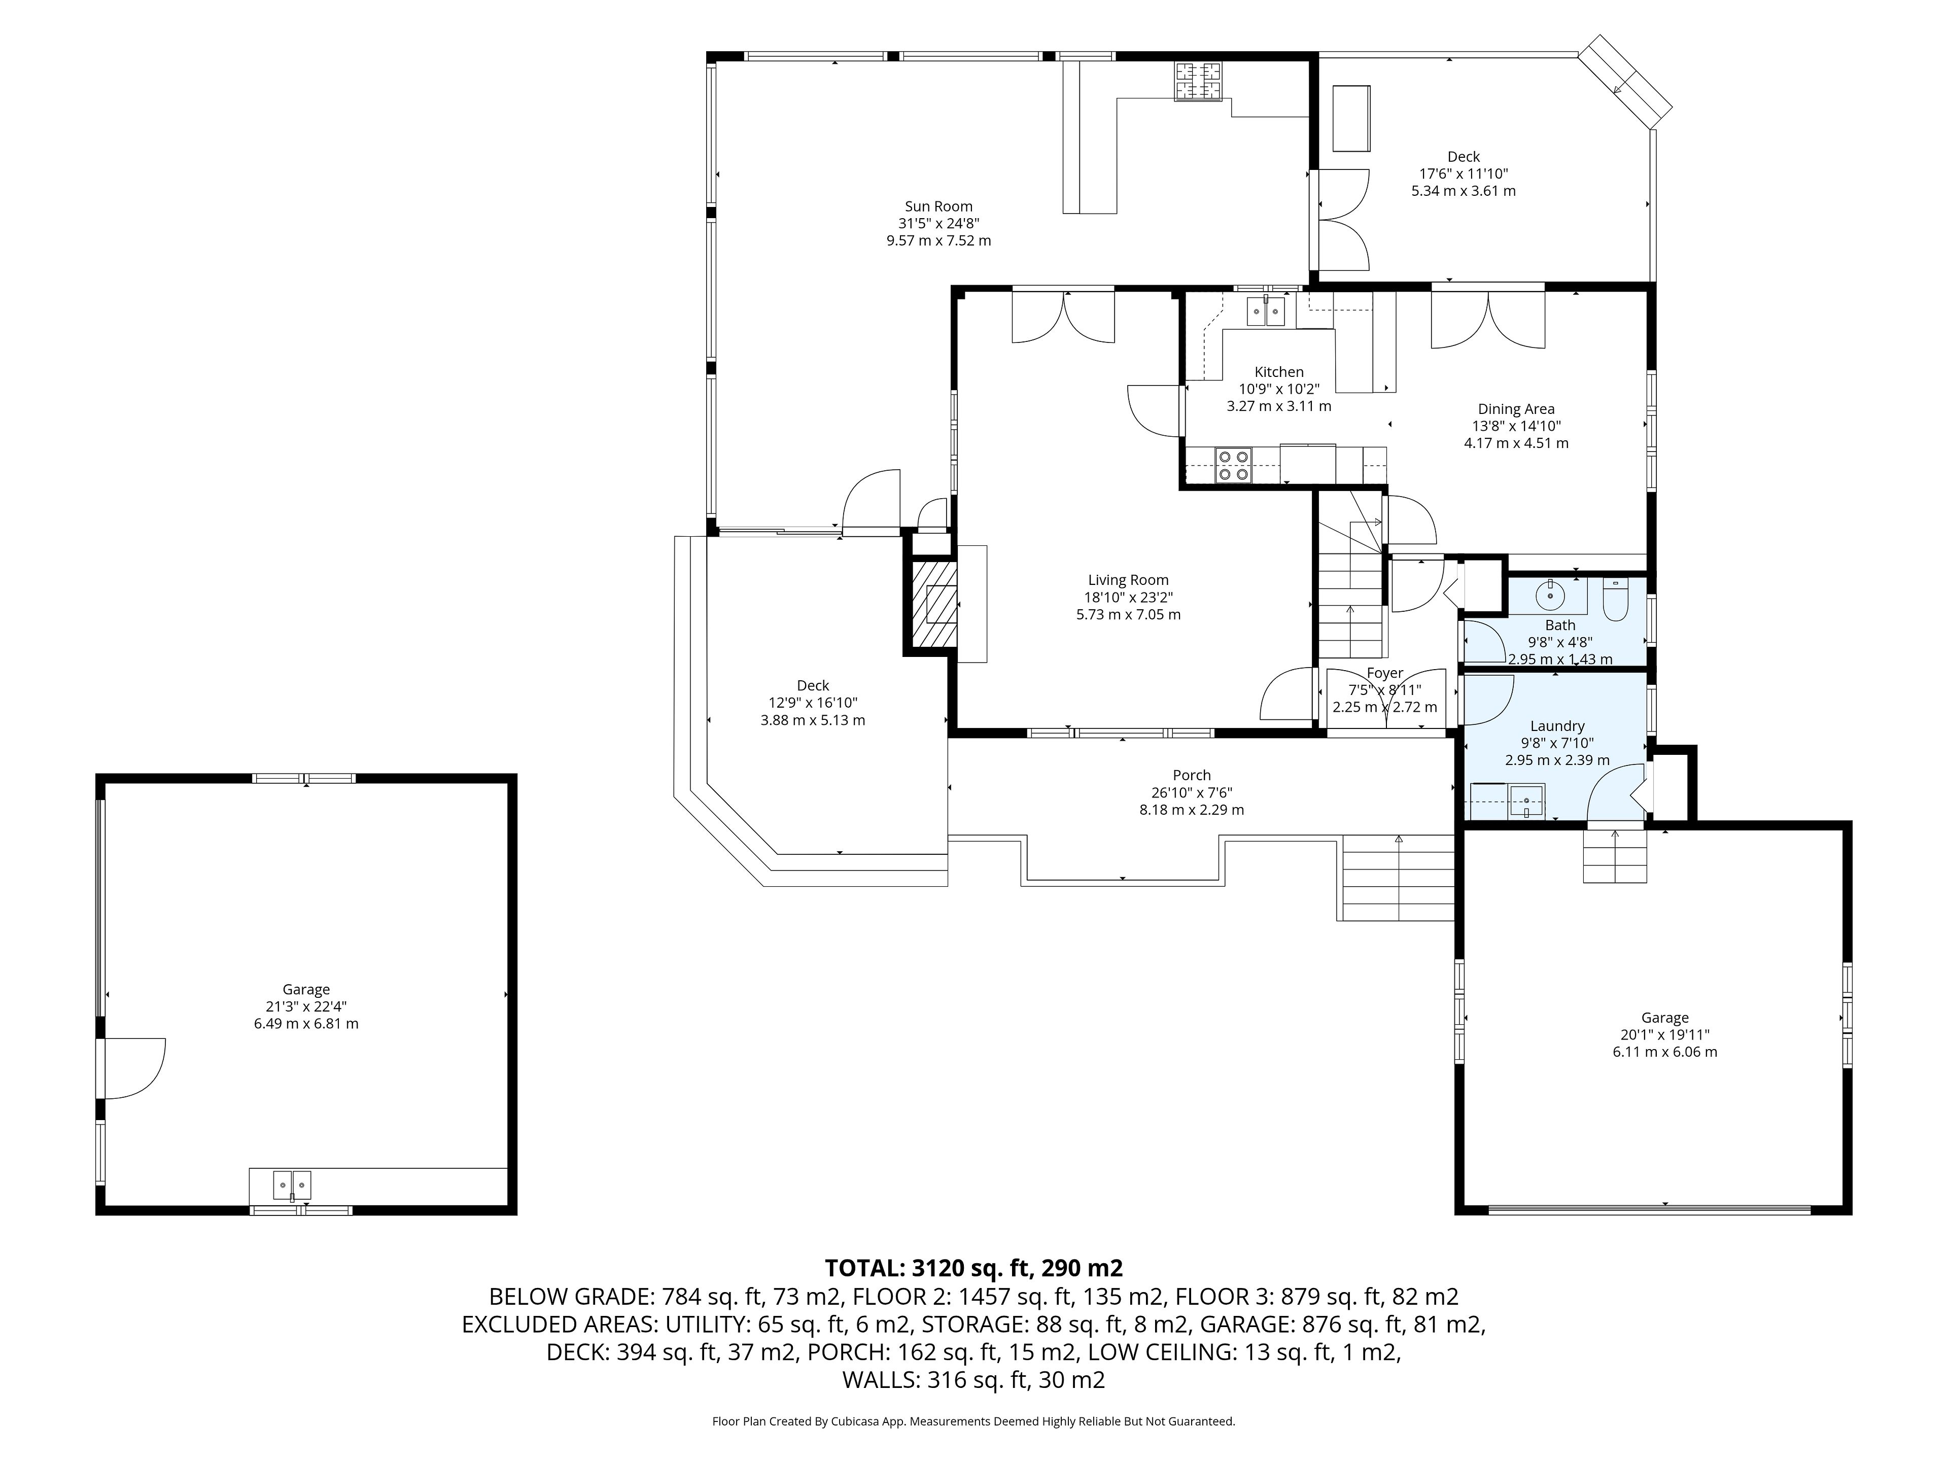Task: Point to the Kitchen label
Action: coord(1279,372)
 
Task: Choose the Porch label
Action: coord(1192,776)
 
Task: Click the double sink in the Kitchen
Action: coord(1266,311)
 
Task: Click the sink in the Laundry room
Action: coord(1526,802)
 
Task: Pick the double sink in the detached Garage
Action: coord(292,1186)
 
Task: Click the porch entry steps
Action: coord(1398,878)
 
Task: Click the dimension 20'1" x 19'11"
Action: coord(1664,1035)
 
